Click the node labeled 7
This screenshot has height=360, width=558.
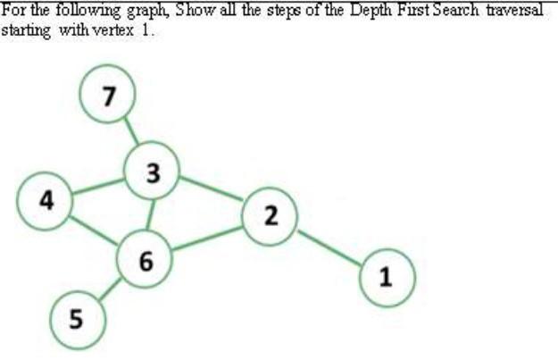[107, 96]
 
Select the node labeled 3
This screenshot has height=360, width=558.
[153, 172]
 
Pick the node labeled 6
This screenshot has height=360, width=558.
[146, 260]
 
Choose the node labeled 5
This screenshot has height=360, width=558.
[76, 317]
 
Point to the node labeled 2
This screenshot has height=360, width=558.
[271, 214]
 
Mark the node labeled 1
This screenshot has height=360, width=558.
[386, 277]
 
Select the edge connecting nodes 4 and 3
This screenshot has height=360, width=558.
[98, 186]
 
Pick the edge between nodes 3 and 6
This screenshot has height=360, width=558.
[150, 215]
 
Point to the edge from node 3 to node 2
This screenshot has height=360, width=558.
[212, 190]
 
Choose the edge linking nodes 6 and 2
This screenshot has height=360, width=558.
[207, 239]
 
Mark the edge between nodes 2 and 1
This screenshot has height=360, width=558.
[329, 247]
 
